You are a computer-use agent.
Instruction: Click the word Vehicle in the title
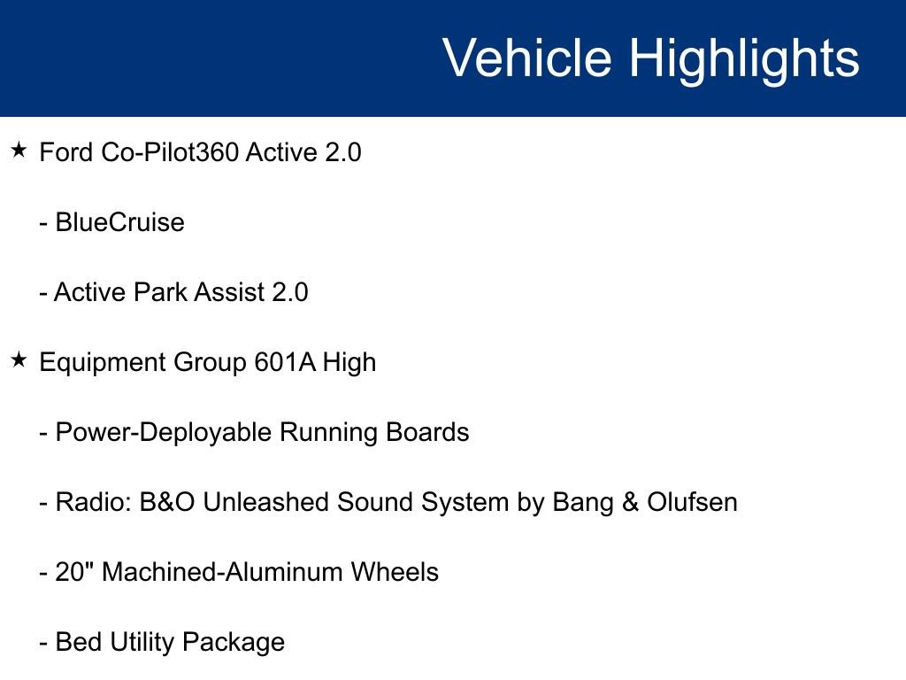[x=526, y=58]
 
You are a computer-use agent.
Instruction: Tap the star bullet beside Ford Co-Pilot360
[x=19, y=151]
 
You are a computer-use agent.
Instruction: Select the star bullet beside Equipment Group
[x=19, y=360]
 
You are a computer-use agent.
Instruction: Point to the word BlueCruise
[x=119, y=222]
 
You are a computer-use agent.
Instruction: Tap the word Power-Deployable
[x=164, y=432]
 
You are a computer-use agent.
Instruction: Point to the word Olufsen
[x=692, y=502]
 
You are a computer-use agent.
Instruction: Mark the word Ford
[x=65, y=152]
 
